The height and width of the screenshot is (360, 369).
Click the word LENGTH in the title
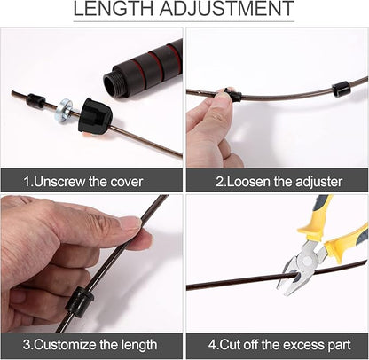[x=114, y=8]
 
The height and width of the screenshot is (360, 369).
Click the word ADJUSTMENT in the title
[x=227, y=8]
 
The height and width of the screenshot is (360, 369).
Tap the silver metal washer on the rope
[x=65, y=111]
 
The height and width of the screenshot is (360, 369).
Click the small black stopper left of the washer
[x=35, y=100]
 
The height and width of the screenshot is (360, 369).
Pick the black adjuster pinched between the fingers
[x=233, y=94]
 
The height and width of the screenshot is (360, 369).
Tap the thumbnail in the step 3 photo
[x=131, y=223]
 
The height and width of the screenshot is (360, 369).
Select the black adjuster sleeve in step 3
[x=79, y=301]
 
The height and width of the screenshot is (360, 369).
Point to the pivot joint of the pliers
[x=306, y=262]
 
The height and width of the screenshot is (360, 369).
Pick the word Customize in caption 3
[x=65, y=345]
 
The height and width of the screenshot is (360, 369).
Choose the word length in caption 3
[x=138, y=345]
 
